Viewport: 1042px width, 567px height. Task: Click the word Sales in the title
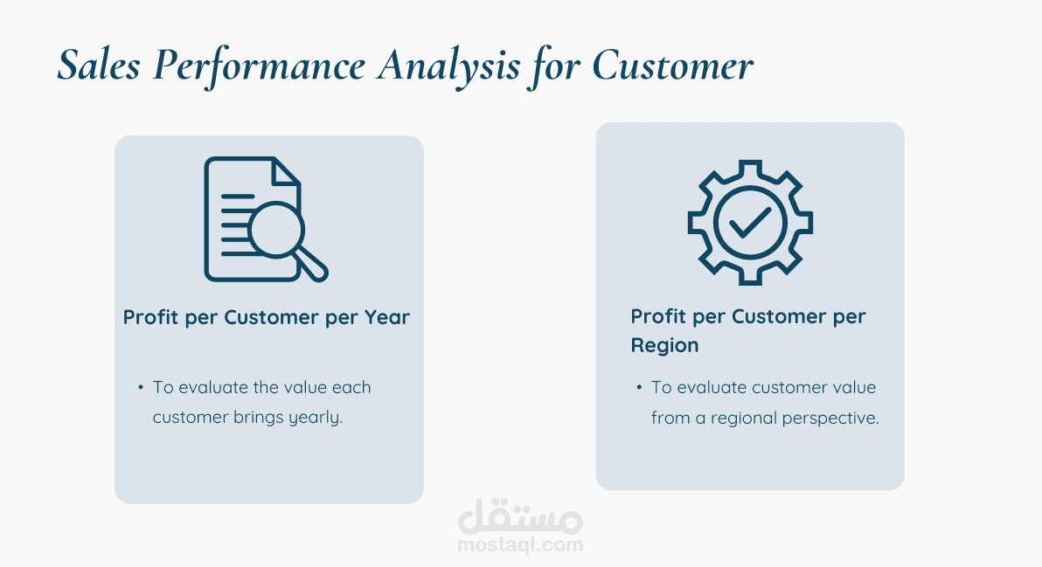99,66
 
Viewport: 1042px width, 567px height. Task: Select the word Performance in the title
259,67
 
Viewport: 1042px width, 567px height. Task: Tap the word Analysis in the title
448,67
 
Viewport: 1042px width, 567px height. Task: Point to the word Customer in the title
672,66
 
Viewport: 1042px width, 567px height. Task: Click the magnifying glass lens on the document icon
276,230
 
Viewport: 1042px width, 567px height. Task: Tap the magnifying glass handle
312,266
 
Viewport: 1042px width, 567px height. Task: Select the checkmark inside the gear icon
750,223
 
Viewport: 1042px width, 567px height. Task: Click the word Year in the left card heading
386,317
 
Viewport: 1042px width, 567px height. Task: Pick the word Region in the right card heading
664,345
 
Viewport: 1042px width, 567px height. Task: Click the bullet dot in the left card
141,387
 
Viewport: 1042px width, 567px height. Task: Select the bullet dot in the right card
639,387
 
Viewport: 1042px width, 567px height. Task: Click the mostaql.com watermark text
520,545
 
